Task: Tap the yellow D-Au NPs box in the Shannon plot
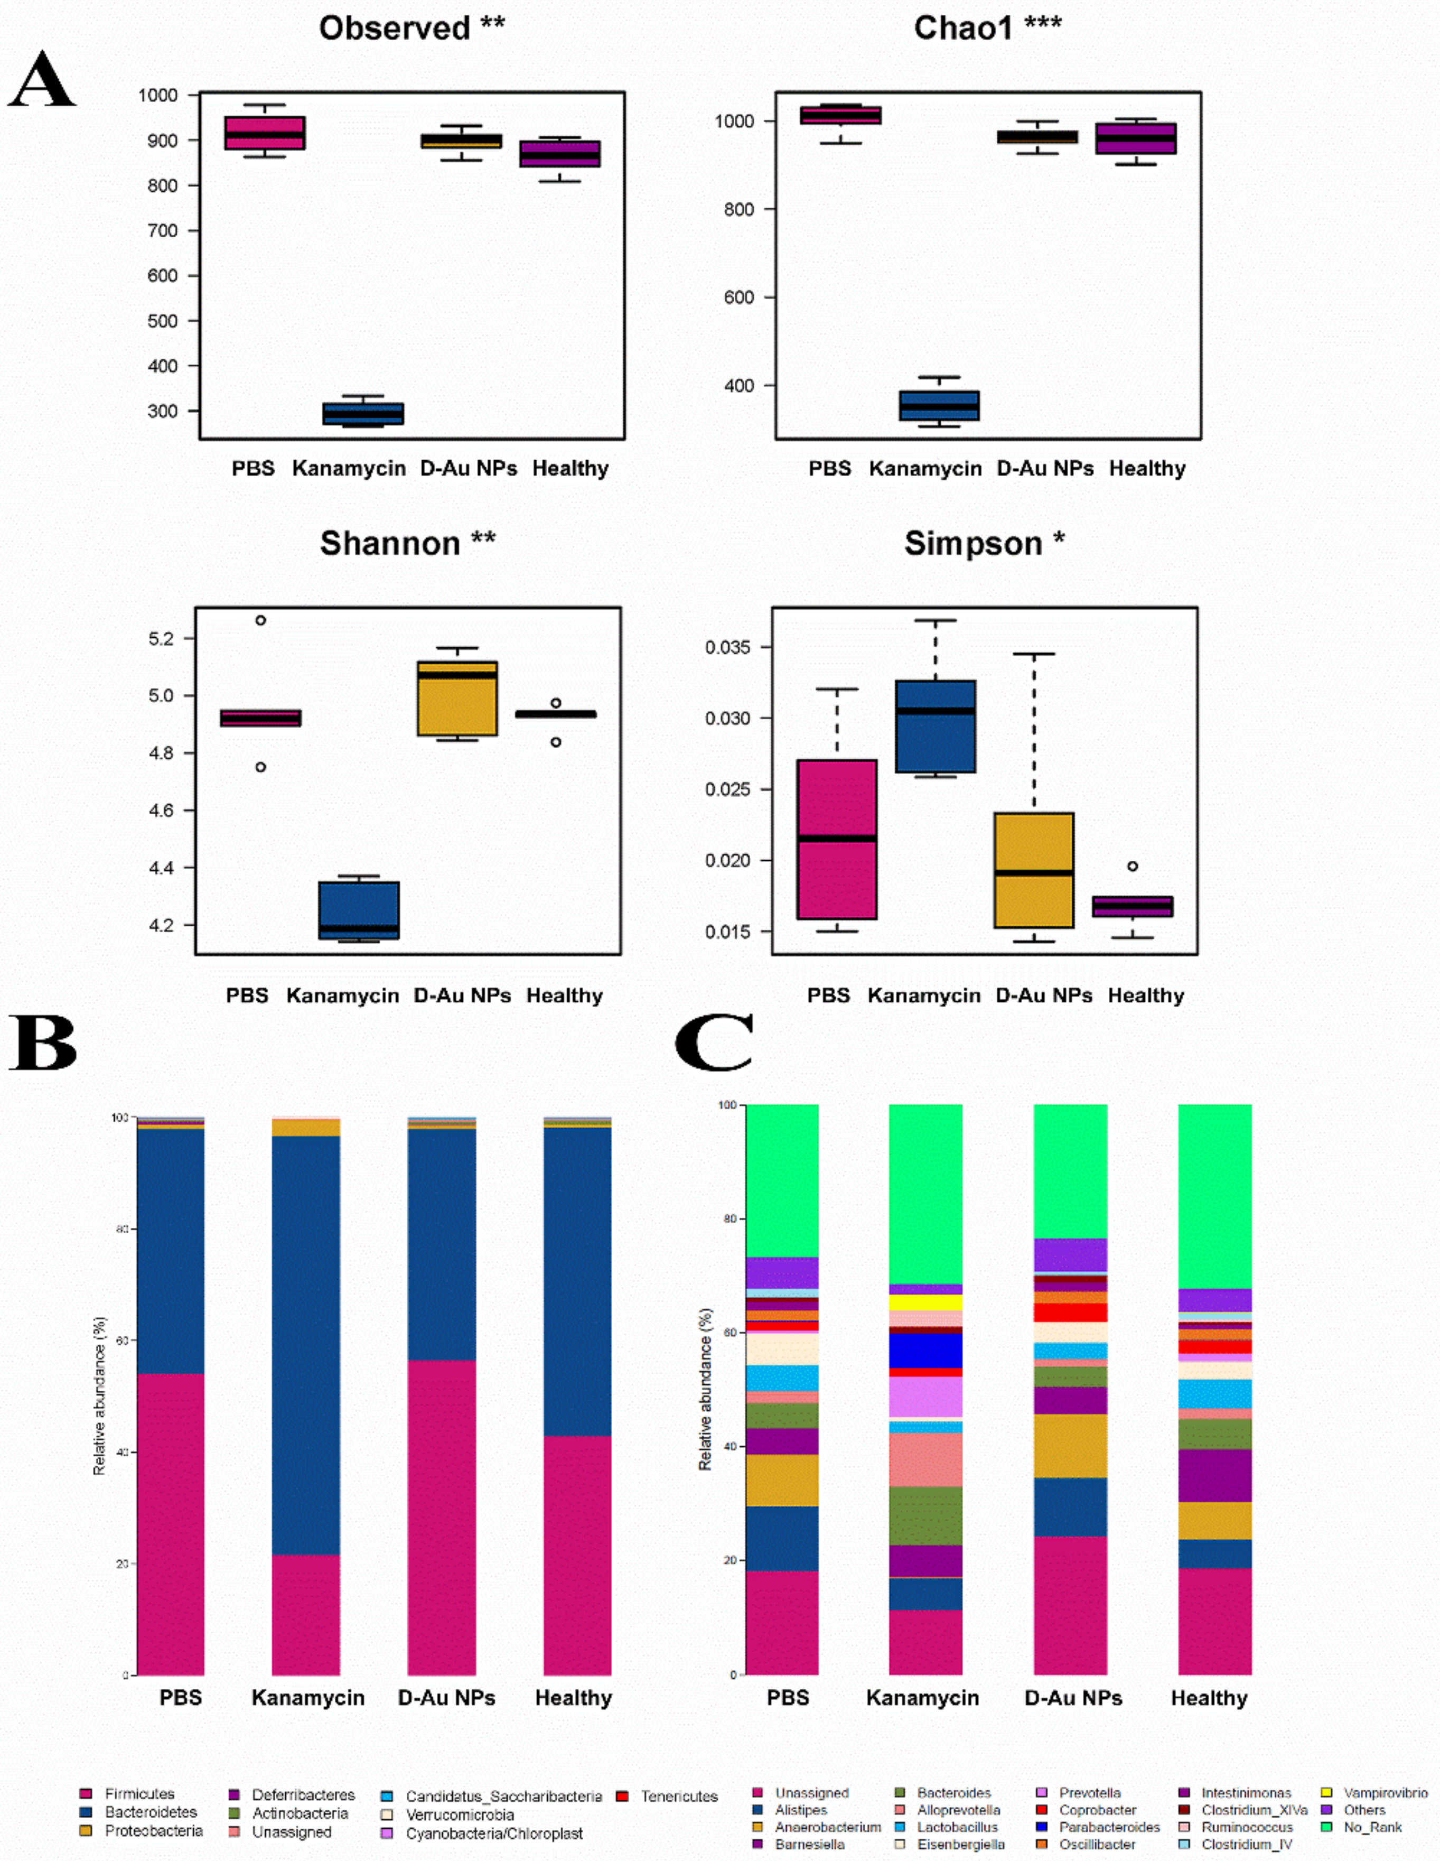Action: coord(457,699)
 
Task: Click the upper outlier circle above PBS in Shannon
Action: coord(261,620)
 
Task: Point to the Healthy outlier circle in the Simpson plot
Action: coord(1133,867)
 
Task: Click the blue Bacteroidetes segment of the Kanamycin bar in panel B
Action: coord(306,1346)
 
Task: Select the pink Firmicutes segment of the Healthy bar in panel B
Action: coord(577,1559)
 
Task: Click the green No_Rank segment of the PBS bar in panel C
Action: coord(782,1180)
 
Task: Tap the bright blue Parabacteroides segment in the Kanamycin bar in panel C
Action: coord(925,1352)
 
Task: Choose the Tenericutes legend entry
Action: coord(678,1796)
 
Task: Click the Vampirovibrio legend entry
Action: coord(1385,1793)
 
